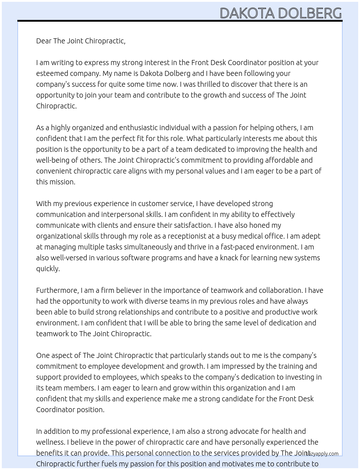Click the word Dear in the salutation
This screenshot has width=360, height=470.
(44, 41)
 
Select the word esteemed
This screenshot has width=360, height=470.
(51, 73)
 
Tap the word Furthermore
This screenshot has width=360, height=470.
(57, 290)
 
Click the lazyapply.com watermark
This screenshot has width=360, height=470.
(322, 454)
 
